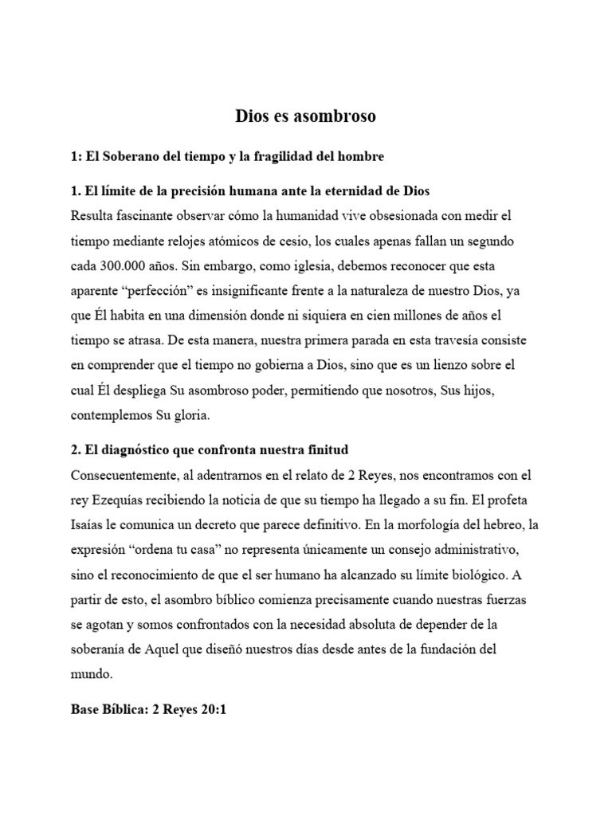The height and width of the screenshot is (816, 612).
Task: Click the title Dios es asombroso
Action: (305, 116)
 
